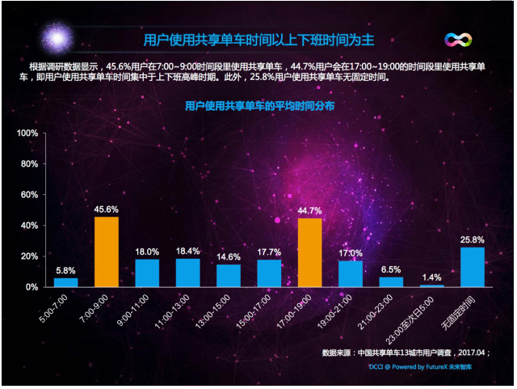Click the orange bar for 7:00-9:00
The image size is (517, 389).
pyautogui.click(x=107, y=252)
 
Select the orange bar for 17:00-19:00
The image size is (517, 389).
pyautogui.click(x=309, y=252)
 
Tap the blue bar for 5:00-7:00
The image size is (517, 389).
pyautogui.click(x=66, y=282)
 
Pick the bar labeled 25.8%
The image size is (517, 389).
pyautogui.click(x=473, y=267)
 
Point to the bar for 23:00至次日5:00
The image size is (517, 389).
pyautogui.click(x=432, y=285)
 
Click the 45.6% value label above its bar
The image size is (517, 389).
pyautogui.click(x=107, y=209)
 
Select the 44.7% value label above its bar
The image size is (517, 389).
pyautogui.click(x=309, y=211)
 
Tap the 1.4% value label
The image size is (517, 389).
pyautogui.click(x=432, y=277)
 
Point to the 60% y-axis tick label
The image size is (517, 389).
pyautogui.click(x=29, y=195)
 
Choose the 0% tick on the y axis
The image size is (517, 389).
pyautogui.click(x=32, y=287)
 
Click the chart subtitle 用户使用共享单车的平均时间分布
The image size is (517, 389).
pyautogui.click(x=259, y=106)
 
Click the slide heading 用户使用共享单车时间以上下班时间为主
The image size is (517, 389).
pyautogui.click(x=258, y=40)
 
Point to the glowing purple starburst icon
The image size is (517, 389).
pyautogui.click(x=57, y=37)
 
